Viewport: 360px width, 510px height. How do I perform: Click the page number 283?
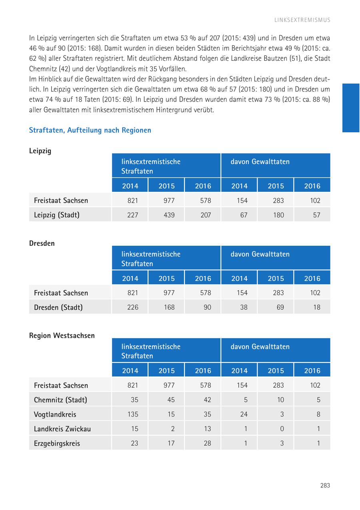pyautogui.click(x=325, y=485)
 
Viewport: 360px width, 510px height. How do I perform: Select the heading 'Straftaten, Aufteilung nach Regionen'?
pyautogui.click(x=90, y=130)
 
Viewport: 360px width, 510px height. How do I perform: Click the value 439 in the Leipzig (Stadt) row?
pyautogui.click(x=169, y=215)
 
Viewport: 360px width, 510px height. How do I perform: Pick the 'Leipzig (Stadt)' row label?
pyautogui.click(x=57, y=215)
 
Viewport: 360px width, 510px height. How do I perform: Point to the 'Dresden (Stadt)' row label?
pyautogui.click(x=58, y=307)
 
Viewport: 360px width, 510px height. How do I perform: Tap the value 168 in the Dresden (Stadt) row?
pyautogui.click(x=169, y=307)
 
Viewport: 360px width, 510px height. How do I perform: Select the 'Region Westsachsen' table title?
pyautogui.click(x=62, y=336)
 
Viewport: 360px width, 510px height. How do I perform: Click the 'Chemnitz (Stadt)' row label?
pyautogui.click(x=60, y=400)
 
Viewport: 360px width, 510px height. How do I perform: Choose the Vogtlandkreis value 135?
pyautogui.click(x=132, y=414)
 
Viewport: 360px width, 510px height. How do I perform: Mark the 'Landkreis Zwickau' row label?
pyautogui.click(x=62, y=429)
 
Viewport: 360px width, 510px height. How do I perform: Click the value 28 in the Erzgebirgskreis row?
pyautogui.click(x=207, y=443)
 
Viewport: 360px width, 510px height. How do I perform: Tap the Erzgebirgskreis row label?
pyautogui.click(x=57, y=443)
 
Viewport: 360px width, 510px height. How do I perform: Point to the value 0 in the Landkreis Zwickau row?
pyautogui.click(x=282, y=429)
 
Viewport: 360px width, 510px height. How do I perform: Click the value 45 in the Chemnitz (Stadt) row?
pyautogui.click(x=171, y=400)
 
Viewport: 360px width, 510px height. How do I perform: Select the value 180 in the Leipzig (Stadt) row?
pyautogui.click(x=278, y=215)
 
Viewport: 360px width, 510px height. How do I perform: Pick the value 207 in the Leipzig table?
pyautogui.click(x=206, y=215)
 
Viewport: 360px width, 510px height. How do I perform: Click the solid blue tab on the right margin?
pyautogui.click(x=351, y=108)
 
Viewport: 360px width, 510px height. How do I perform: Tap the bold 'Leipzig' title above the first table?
pyautogui.click(x=40, y=151)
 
